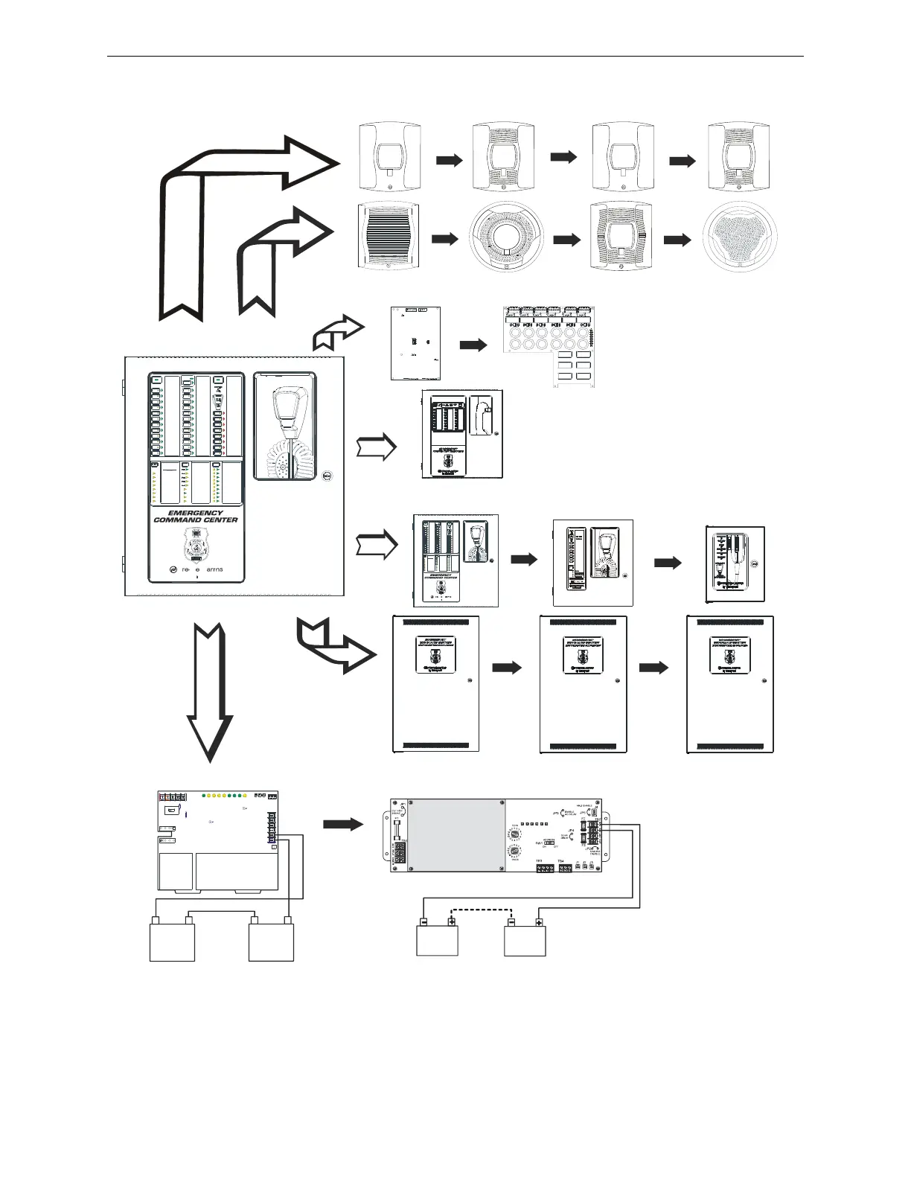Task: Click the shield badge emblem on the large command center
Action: tap(196, 545)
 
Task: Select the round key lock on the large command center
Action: tap(327, 476)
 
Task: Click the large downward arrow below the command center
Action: tap(210, 692)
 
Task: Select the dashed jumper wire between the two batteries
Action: tap(482, 910)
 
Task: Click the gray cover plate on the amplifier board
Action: tap(452, 834)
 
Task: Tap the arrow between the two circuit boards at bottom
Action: tap(343, 824)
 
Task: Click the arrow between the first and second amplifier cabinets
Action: tap(508, 668)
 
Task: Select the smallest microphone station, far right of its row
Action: tap(735, 564)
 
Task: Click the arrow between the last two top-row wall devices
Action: tap(683, 160)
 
